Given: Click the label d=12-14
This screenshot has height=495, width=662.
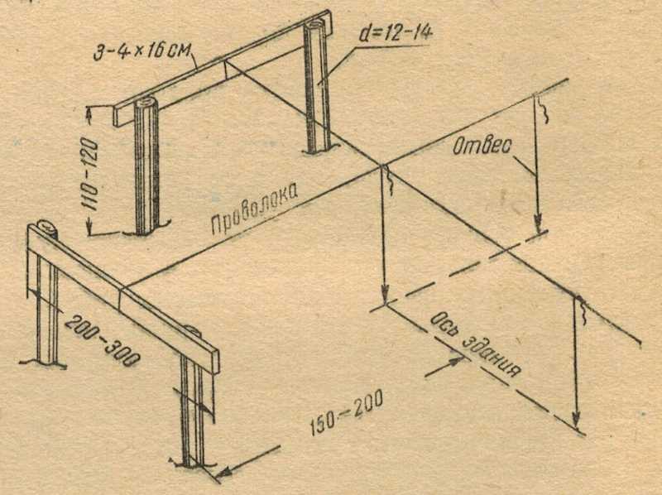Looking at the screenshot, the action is click(x=396, y=32).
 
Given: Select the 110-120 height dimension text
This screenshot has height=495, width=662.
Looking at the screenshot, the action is click(x=91, y=175).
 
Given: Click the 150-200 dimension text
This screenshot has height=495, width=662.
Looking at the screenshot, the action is click(x=346, y=412).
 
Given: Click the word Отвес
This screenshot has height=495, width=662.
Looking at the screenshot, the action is click(x=482, y=146).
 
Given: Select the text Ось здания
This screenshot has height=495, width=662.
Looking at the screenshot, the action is click(x=475, y=345).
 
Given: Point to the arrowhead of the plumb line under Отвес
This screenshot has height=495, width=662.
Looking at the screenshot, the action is click(x=538, y=223).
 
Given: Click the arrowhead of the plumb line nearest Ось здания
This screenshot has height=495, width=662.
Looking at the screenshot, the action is click(x=575, y=421).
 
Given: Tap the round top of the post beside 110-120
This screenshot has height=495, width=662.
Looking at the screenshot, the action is click(x=146, y=102).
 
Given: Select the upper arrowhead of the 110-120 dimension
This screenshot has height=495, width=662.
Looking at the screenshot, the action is click(x=89, y=113).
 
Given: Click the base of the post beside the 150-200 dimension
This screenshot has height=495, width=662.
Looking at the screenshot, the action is click(x=191, y=464).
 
